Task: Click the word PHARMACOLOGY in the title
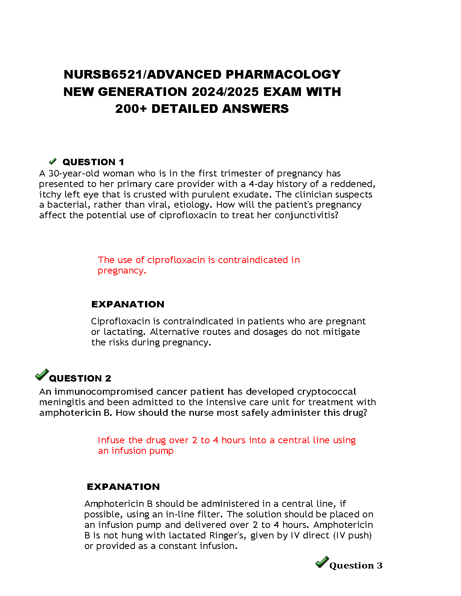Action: pyautogui.click(x=283, y=74)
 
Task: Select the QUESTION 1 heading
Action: pyautogui.click(x=93, y=162)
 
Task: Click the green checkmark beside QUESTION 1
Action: pyautogui.click(x=53, y=161)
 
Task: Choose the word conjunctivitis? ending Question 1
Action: pyautogui.click(x=306, y=215)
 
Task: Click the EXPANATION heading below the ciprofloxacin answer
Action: pyautogui.click(x=128, y=304)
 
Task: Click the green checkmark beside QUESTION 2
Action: pyautogui.click(x=42, y=375)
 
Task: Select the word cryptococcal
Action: pyautogui.click(x=327, y=392)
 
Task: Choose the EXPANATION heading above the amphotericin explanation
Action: pyautogui.click(x=123, y=487)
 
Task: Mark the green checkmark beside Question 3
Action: pyautogui.click(x=322, y=562)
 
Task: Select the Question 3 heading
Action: pyautogui.click(x=356, y=566)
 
